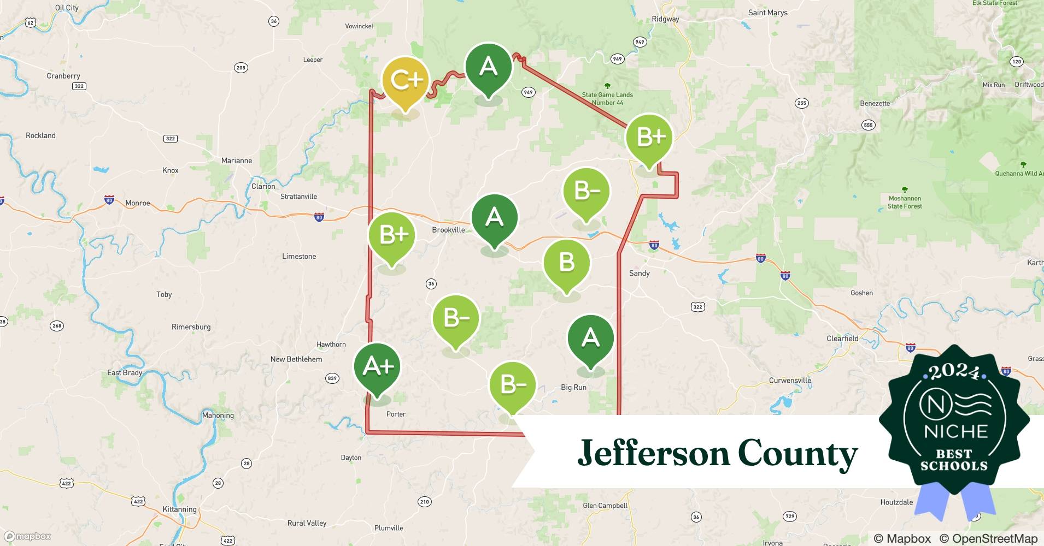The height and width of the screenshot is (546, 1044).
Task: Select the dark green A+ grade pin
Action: tap(377, 367)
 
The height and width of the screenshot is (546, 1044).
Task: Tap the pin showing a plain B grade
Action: tap(567, 263)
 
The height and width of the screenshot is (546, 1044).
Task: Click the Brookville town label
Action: tap(448, 230)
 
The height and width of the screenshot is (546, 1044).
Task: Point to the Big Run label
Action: tap(573, 387)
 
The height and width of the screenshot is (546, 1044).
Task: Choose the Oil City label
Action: tap(67, 8)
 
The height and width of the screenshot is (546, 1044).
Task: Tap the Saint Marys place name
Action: tap(767, 13)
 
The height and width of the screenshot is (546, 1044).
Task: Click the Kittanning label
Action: tap(179, 509)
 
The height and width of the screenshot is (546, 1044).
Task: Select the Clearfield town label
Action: tap(842, 339)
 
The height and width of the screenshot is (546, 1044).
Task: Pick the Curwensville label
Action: tap(790, 381)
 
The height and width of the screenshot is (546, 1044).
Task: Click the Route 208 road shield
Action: tap(241, 68)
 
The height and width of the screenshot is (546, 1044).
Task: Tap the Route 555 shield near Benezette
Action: tap(868, 125)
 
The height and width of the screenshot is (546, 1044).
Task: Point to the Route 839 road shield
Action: tap(332, 378)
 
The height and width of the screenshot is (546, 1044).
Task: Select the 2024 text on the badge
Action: tap(954, 373)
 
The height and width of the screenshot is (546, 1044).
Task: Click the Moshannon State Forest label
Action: tap(905, 202)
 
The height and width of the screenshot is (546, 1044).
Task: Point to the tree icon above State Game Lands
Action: tap(607, 86)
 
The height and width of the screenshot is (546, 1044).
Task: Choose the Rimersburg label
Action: tap(191, 327)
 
